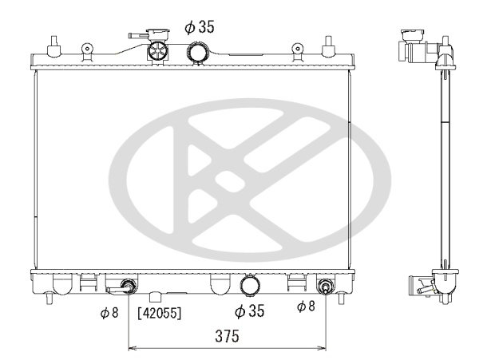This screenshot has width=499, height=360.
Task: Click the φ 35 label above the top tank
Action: pyautogui.click(x=200, y=26)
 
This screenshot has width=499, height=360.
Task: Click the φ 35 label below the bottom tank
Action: pyautogui.click(x=249, y=311)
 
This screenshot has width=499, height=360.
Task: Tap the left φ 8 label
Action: pyautogui.click(x=109, y=313)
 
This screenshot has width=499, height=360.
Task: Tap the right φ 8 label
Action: pyautogui.click(x=306, y=307)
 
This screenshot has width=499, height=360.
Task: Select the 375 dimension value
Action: pyautogui.click(x=227, y=336)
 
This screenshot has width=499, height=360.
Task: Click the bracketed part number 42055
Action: pyautogui.click(x=160, y=313)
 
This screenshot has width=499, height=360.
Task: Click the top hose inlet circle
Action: pyautogui.click(x=197, y=52)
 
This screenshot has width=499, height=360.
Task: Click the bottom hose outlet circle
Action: pyautogui.click(x=250, y=285)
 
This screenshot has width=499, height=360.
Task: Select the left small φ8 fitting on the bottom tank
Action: pyautogui.click(x=128, y=286)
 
